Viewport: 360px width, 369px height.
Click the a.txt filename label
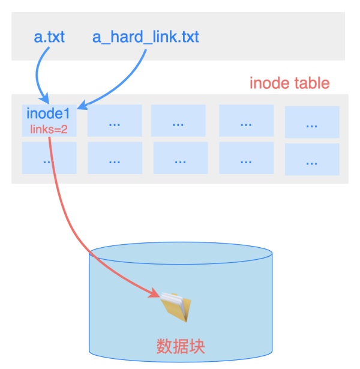coord(49,38)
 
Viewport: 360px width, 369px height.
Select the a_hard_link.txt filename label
coord(145,38)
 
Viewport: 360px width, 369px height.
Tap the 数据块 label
coord(180,346)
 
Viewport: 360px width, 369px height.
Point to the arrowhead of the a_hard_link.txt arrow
coord(82,107)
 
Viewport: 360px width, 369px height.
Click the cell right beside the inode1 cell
coord(114,121)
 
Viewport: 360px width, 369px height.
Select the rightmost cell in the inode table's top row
coord(311,122)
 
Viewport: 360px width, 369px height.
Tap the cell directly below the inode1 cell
coord(49,158)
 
